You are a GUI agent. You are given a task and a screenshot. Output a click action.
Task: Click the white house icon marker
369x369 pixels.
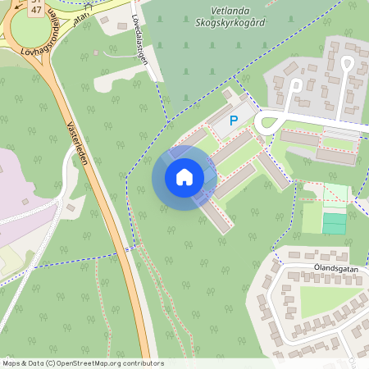pyautogui.click(x=184, y=177)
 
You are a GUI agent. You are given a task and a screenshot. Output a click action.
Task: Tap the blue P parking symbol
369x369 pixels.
pyautogui.click(x=234, y=121)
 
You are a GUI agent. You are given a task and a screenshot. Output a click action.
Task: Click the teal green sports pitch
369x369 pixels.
pyautogui.click(x=334, y=222)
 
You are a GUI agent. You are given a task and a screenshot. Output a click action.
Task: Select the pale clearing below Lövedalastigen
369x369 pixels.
pyautogui.click(x=123, y=80)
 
